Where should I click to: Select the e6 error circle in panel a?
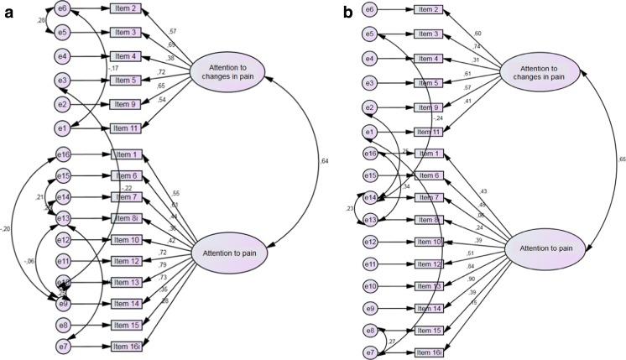tap(62, 8)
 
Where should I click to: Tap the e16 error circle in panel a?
tap(62, 154)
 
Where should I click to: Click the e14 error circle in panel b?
tap(369, 198)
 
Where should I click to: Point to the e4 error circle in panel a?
tap(62, 57)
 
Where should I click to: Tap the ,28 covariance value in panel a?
tap(41, 20)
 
